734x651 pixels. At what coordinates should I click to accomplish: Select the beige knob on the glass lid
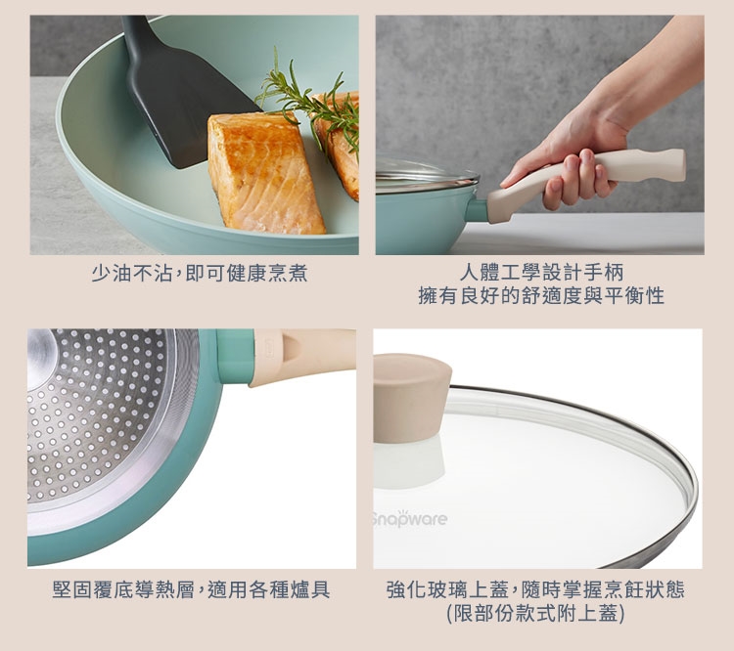411,398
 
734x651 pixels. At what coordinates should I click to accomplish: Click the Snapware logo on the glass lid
410,519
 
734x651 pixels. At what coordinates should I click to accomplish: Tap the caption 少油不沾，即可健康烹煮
200,273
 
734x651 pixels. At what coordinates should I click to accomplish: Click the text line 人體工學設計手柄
541,272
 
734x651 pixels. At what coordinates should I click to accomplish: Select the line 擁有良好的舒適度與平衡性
541,295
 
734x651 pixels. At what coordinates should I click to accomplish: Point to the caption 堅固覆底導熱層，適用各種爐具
192,589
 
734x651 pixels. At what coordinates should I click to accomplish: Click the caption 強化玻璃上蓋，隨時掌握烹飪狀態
535,589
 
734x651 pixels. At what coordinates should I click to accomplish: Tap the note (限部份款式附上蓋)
535,613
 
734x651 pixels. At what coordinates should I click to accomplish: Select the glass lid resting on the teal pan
426,175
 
